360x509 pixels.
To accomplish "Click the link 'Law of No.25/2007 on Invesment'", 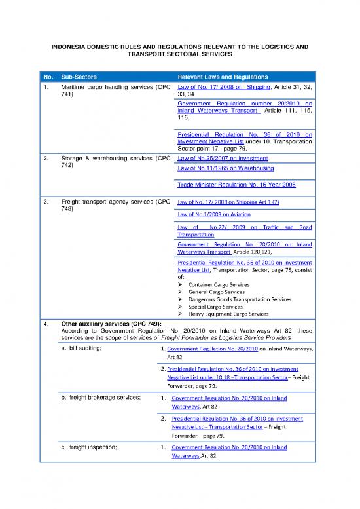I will click(x=223, y=159).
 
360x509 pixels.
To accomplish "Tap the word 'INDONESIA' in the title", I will click(x=67, y=47).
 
